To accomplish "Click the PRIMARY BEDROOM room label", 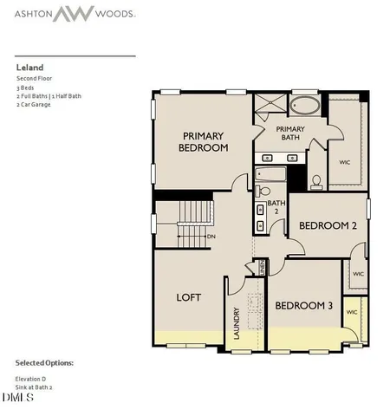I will (205, 141).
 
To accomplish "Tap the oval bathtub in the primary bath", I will (305, 107).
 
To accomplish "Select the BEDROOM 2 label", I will (328, 225).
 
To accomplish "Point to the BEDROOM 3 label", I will (304, 306).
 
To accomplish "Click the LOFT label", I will (188, 297).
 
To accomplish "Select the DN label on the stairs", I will (211, 236).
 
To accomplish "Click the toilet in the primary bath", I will (316, 181).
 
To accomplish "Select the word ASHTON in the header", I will (30, 15).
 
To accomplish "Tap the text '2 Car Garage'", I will (32, 106).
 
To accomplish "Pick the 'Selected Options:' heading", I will (44, 362).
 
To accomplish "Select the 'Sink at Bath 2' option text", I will (35, 387).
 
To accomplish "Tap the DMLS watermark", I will (17, 398).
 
